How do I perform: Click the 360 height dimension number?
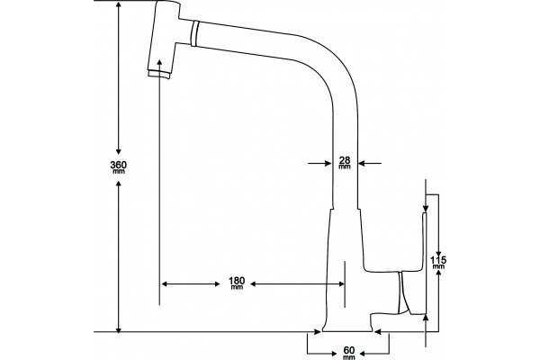click(x=118, y=165)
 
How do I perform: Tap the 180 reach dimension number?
click(x=237, y=281)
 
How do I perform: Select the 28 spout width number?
click(x=345, y=160)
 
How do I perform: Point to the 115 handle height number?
click(x=438, y=260)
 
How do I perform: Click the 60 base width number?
click(x=349, y=350)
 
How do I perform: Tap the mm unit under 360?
click(x=119, y=171)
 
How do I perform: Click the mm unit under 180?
click(x=237, y=287)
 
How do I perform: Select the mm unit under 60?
click(x=349, y=357)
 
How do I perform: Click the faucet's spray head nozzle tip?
click(x=159, y=74)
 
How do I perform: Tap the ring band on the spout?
click(x=194, y=33)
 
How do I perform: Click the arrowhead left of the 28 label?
click(x=328, y=163)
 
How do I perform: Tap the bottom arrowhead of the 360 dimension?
click(x=119, y=329)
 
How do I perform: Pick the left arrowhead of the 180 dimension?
click(x=165, y=283)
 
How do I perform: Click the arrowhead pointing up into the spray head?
click(x=159, y=63)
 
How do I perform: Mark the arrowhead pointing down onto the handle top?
click(x=426, y=208)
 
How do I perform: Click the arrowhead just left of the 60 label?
click(x=333, y=354)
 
